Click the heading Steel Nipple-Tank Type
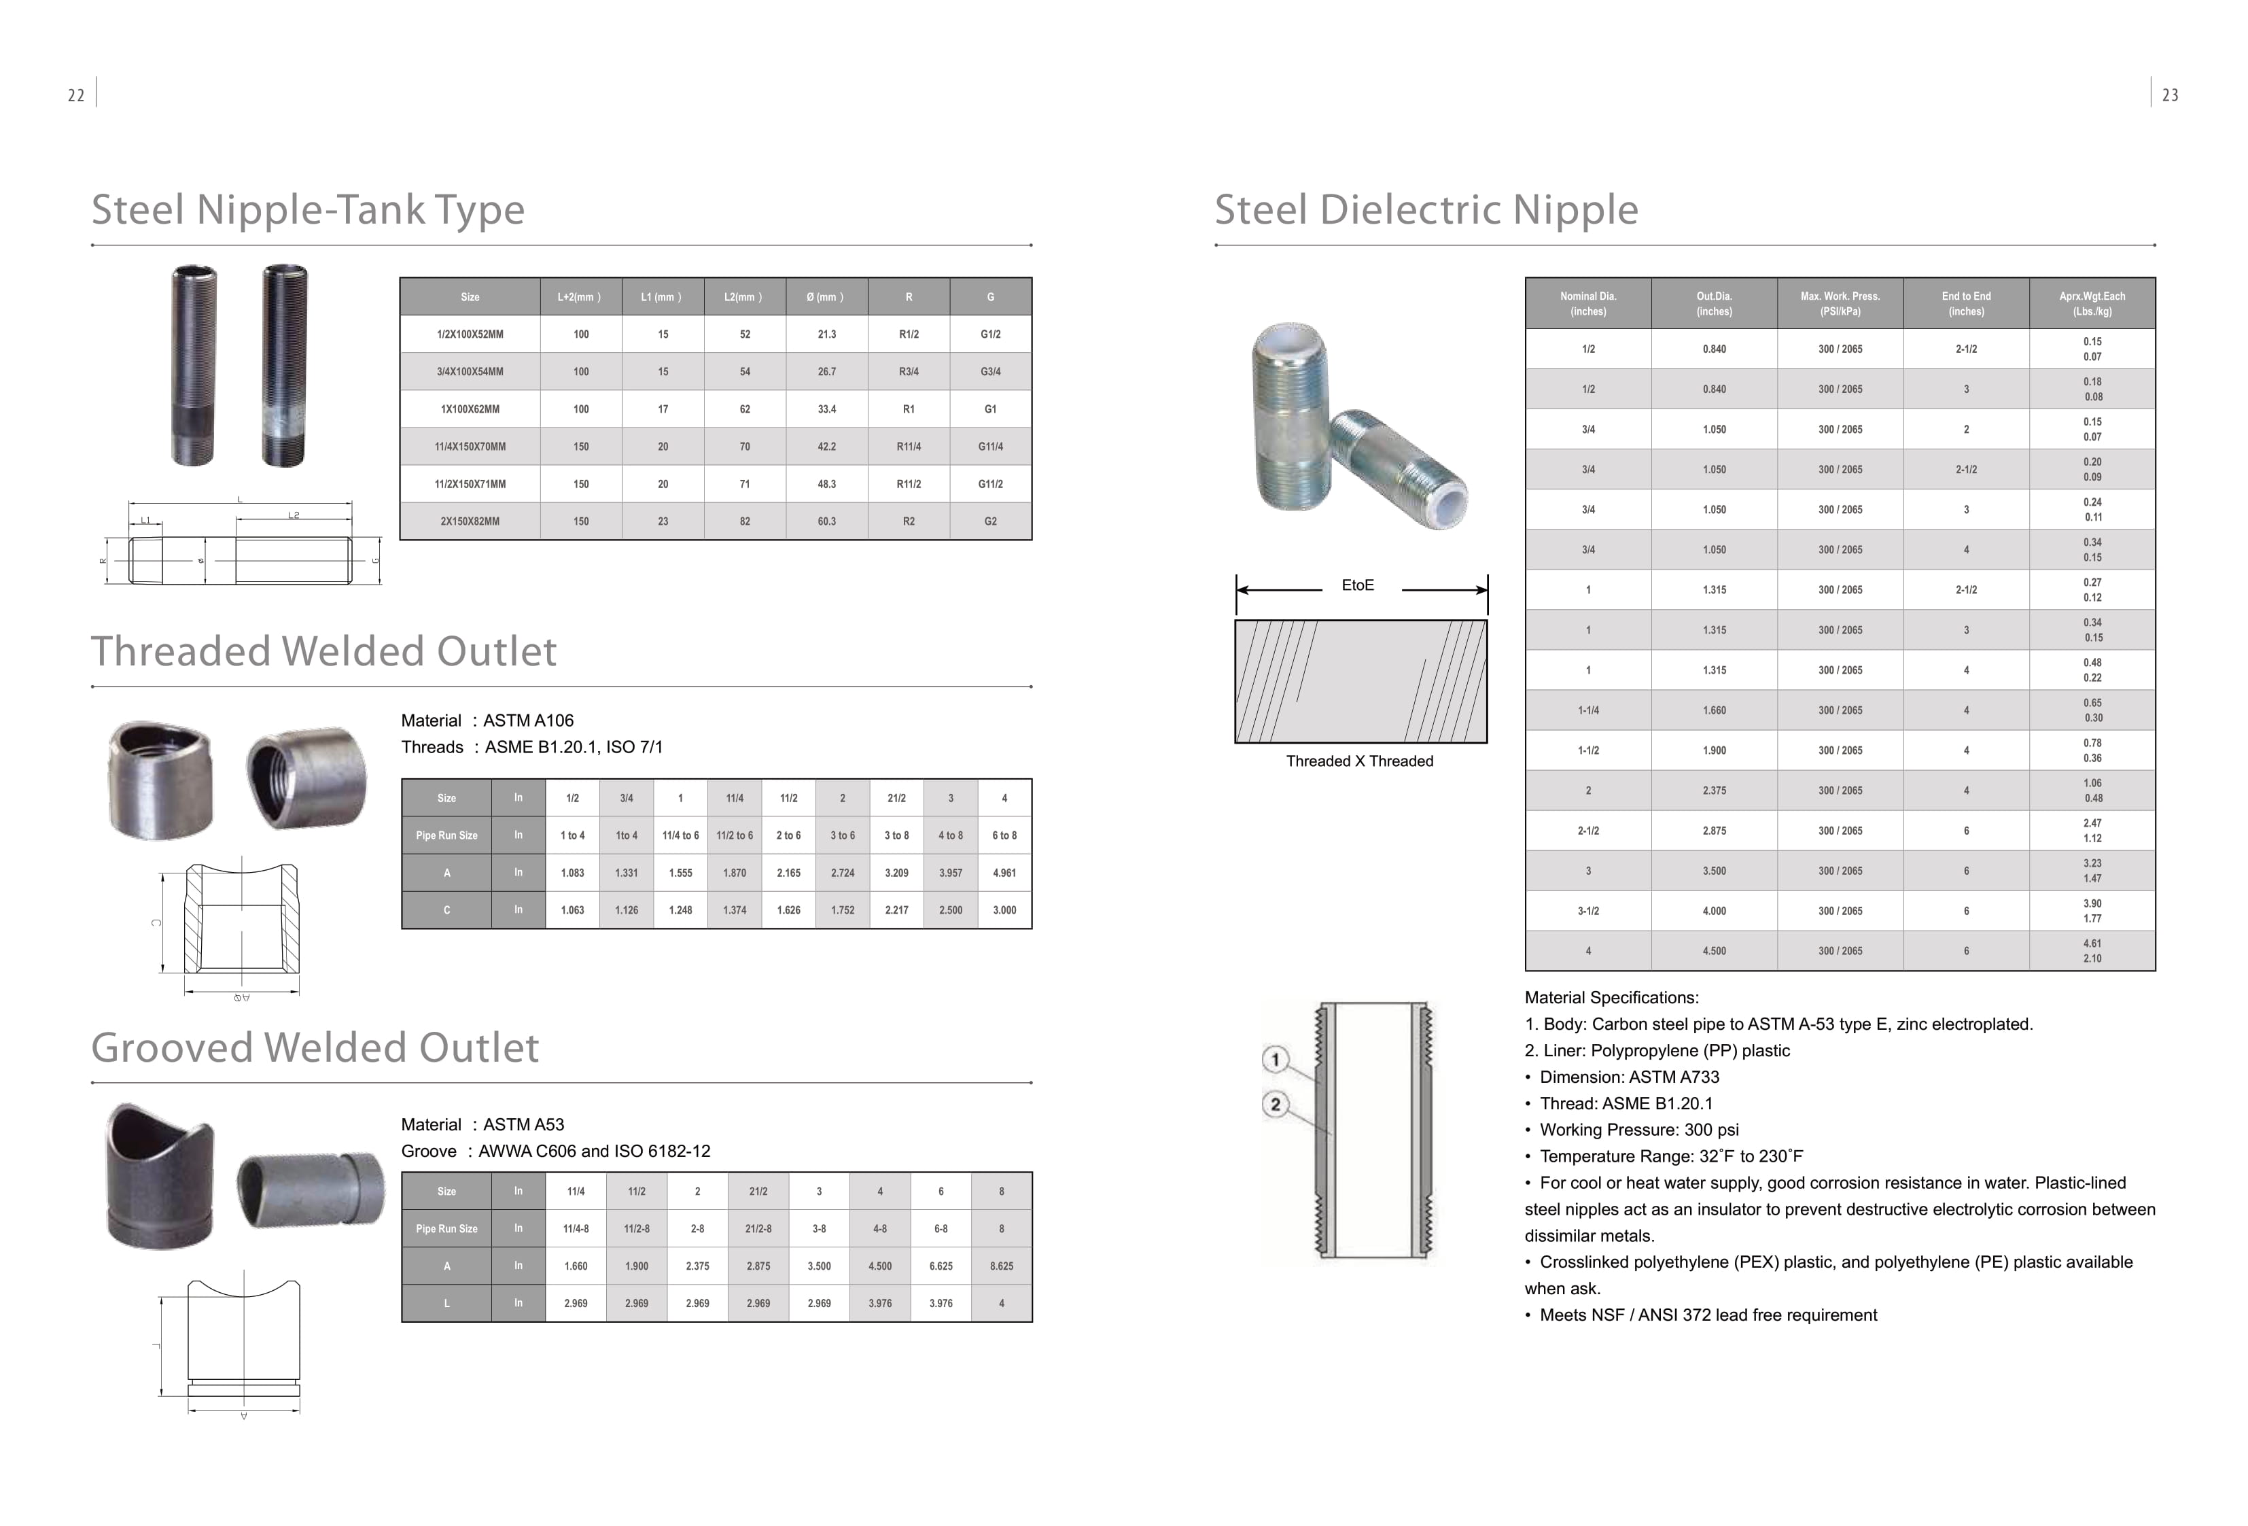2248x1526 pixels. pos(308,210)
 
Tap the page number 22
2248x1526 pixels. pos(75,96)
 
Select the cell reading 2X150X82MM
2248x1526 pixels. pos(470,521)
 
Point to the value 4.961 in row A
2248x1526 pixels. pos(1004,873)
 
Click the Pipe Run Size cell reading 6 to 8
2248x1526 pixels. pos(1004,836)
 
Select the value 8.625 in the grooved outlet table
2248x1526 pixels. pos(1001,1266)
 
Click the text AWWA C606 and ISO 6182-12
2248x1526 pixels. pos(594,1151)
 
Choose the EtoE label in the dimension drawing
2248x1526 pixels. pos(1357,585)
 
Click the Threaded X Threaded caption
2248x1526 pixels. pos(1359,761)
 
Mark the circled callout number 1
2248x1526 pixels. pos(1275,1060)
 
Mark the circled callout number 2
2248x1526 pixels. pos(1275,1104)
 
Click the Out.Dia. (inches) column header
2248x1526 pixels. pos(1713,304)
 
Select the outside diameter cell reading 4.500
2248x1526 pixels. pos(1713,951)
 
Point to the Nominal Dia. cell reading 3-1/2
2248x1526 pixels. pos(1587,912)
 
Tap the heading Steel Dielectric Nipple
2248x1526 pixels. pos(1426,210)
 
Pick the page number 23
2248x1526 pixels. pos(2170,96)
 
